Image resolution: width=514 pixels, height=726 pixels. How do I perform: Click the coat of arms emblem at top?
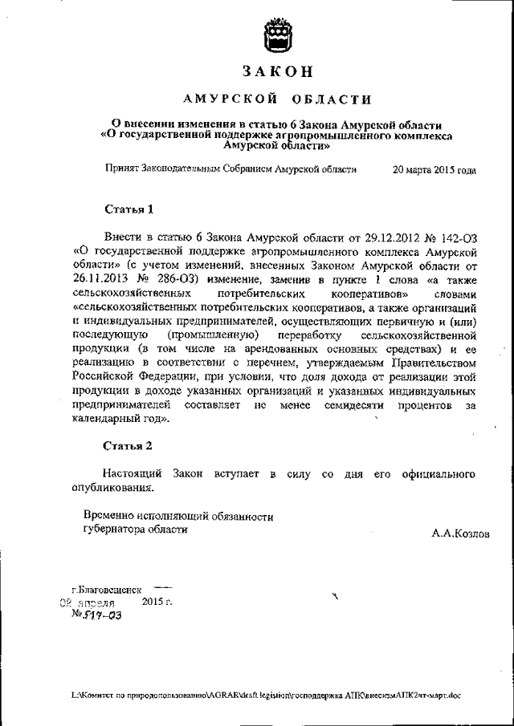coord(277,34)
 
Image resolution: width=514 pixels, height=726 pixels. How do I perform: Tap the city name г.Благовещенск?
coord(104,589)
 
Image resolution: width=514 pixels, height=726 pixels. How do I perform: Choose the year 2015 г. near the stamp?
coord(156,601)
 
